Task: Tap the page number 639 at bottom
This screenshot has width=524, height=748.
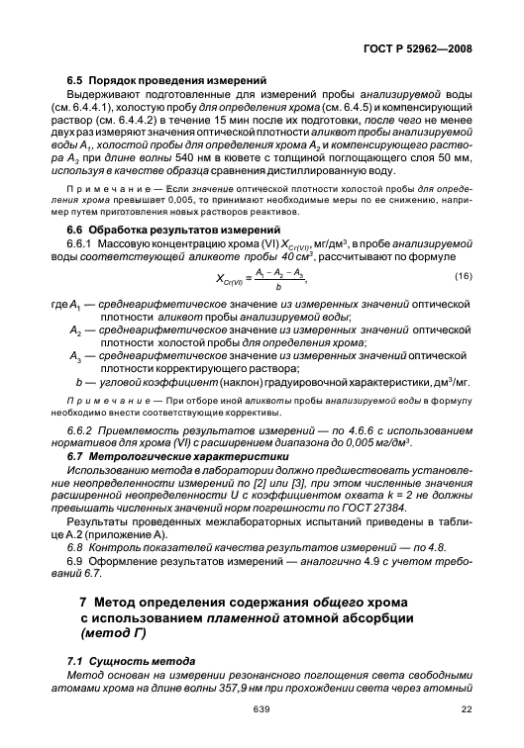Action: [262, 709]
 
